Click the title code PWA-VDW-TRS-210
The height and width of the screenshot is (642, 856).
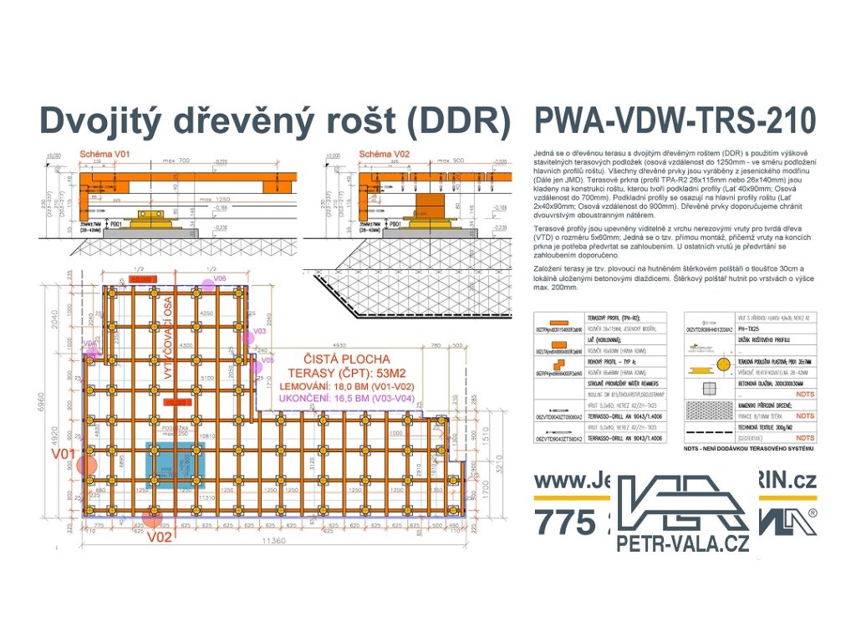[673, 121]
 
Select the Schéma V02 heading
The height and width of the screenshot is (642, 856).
[384, 155]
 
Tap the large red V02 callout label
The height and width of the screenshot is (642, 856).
[160, 537]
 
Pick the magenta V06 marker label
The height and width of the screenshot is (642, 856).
[219, 278]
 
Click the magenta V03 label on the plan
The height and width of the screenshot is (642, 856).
[260, 332]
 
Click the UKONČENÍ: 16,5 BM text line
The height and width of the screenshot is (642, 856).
[344, 400]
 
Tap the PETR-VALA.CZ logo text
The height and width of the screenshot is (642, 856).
[682, 543]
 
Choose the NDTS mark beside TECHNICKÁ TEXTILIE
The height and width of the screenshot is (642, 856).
[805, 437]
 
